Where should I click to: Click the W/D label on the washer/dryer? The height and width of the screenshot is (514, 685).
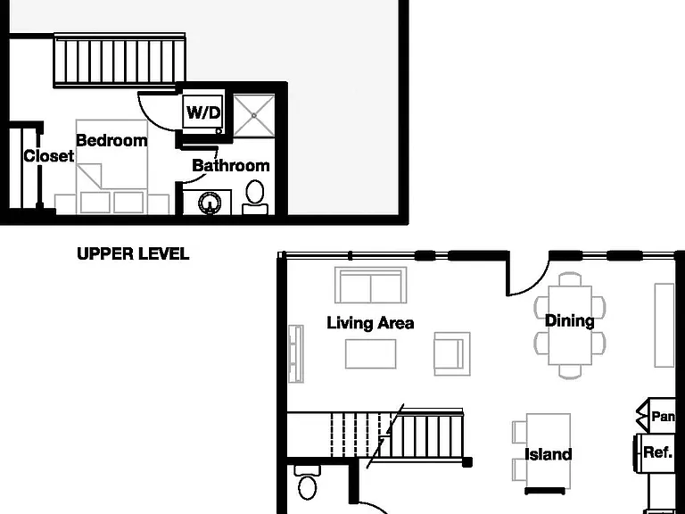[x=203, y=112]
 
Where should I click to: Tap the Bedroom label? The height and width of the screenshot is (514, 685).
[x=111, y=141]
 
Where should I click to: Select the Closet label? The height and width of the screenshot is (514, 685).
[x=48, y=156]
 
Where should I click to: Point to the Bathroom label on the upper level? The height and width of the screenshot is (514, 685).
[x=231, y=166]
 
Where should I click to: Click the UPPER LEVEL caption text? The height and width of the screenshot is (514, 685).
[x=133, y=254]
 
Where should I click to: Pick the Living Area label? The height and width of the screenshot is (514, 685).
[x=370, y=323]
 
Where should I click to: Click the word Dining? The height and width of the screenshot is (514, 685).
[x=570, y=321]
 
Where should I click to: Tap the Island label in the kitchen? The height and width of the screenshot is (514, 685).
[x=548, y=454]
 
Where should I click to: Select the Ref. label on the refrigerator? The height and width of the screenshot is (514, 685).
[x=657, y=452]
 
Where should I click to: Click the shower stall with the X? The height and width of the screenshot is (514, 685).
[x=254, y=116]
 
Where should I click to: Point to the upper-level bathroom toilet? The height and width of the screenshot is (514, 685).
[x=255, y=197]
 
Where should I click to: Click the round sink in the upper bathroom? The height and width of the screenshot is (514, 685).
[x=210, y=203]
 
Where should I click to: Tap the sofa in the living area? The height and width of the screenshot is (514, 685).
[x=370, y=285]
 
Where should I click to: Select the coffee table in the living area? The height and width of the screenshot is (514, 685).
[x=370, y=354]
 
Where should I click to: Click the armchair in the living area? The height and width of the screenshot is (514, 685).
[x=452, y=354]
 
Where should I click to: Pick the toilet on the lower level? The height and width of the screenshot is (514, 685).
[x=308, y=484]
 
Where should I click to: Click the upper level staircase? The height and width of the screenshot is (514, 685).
[x=120, y=61]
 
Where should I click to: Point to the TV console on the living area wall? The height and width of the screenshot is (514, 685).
[x=296, y=354]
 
